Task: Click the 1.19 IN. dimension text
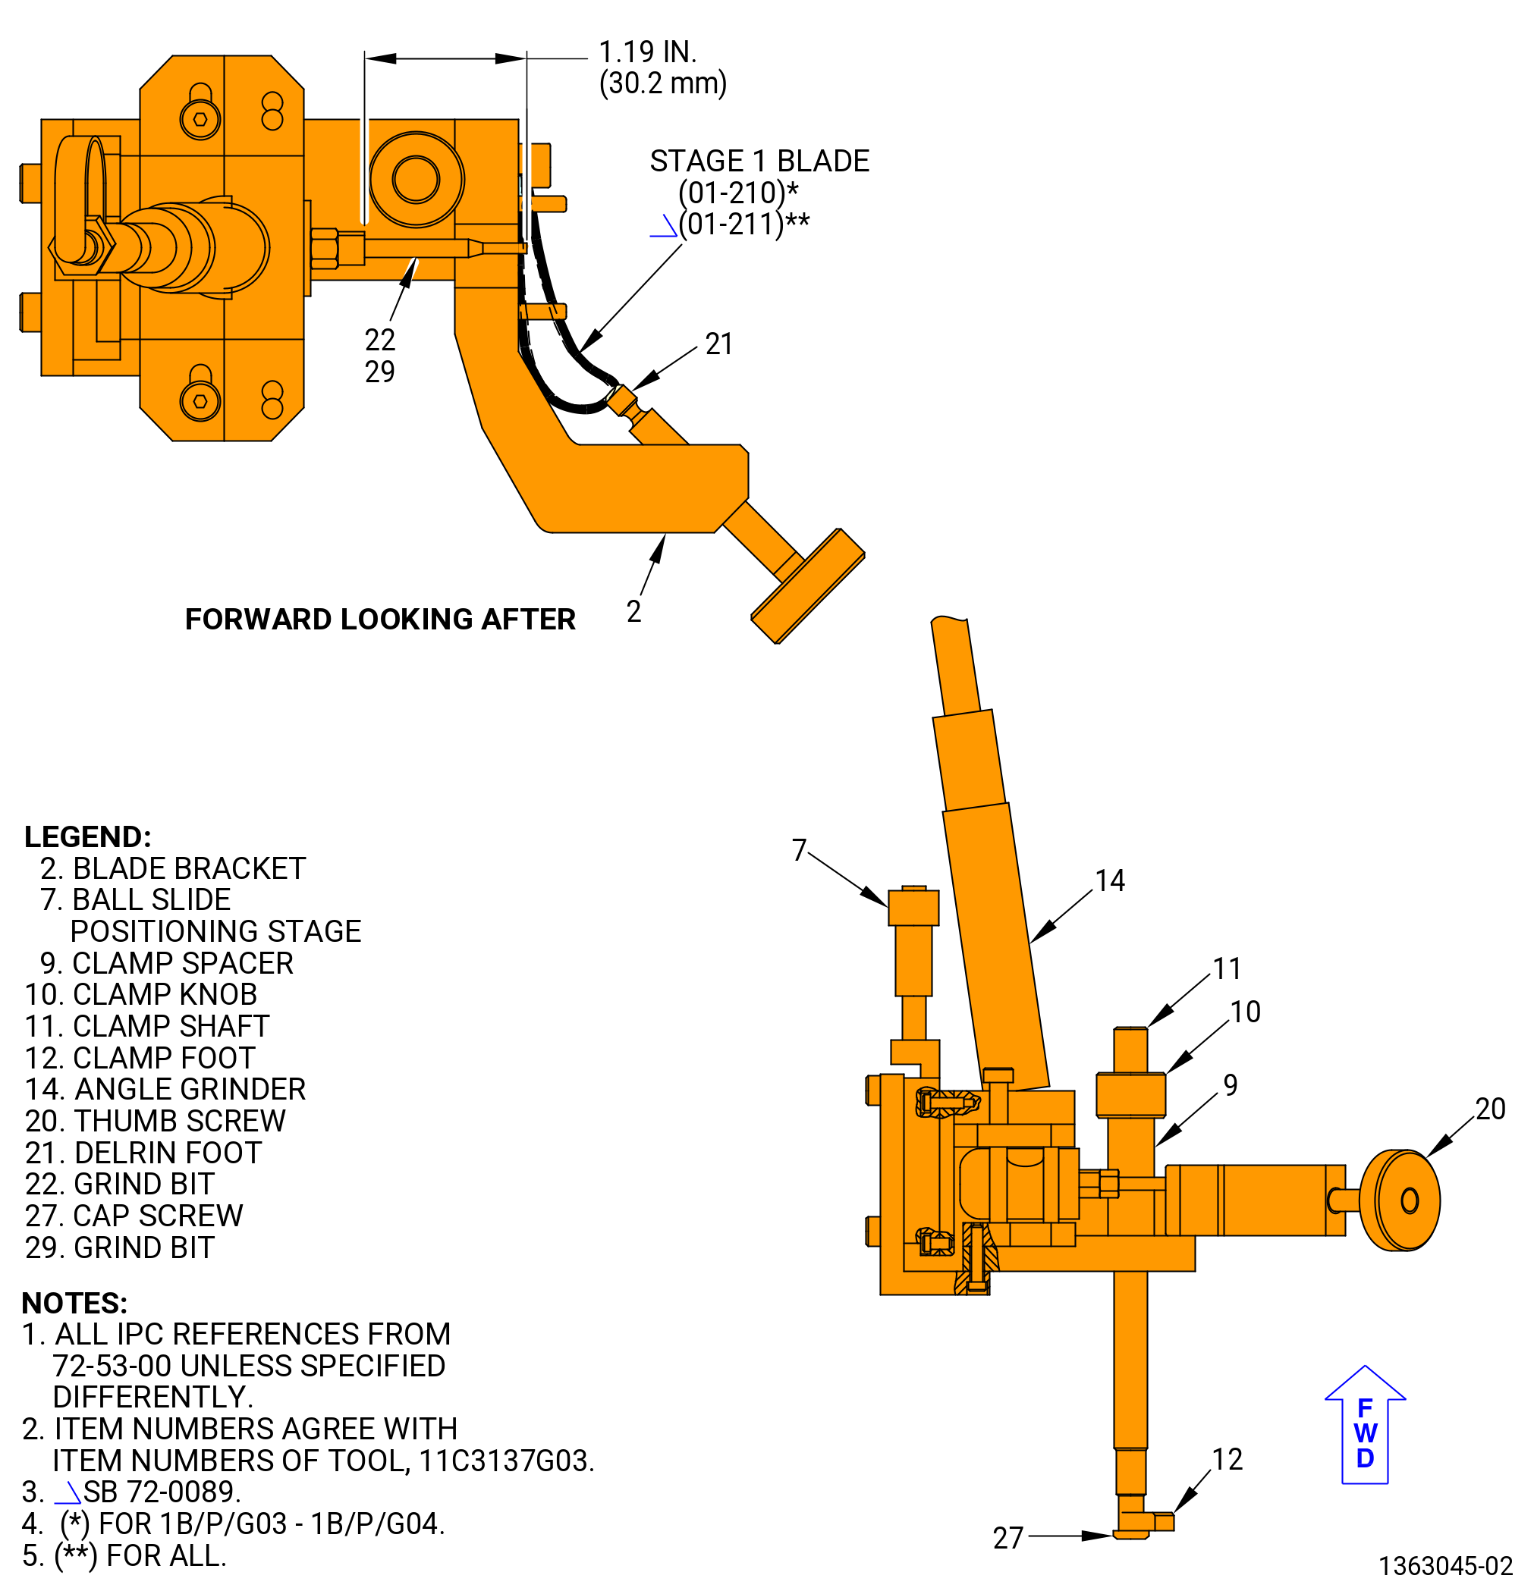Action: point(647,52)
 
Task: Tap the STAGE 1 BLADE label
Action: point(759,161)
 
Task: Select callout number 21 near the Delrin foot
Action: point(718,344)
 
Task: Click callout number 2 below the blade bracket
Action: point(633,611)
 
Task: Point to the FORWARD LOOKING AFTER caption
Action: point(380,619)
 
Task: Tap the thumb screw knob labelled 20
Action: point(1399,1200)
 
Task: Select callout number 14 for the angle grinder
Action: point(1109,880)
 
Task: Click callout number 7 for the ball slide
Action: point(799,850)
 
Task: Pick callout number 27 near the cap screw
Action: point(1007,1537)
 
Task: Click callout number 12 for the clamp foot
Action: point(1227,1460)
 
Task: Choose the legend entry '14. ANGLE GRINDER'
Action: point(165,1089)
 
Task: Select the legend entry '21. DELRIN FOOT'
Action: point(143,1153)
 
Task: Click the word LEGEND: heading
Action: point(88,837)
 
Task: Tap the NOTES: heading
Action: point(74,1303)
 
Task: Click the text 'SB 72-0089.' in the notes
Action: point(162,1492)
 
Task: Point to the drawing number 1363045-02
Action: point(1445,1566)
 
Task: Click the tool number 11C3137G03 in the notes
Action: point(506,1461)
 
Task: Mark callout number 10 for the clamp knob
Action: point(1245,1012)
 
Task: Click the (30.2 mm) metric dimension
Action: point(662,83)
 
